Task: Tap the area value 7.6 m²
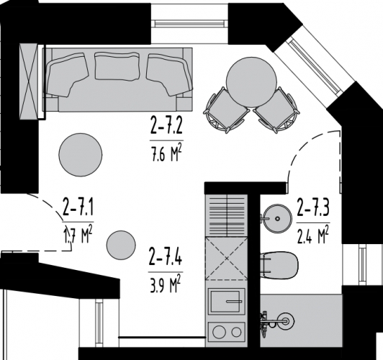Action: (166, 152)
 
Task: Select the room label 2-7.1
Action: (78, 210)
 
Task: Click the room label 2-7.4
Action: (165, 256)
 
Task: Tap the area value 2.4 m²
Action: (313, 234)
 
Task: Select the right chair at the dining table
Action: (276, 111)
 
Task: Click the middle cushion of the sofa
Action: (116, 67)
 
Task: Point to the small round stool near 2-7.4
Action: (120, 246)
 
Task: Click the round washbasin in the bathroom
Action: (275, 216)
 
